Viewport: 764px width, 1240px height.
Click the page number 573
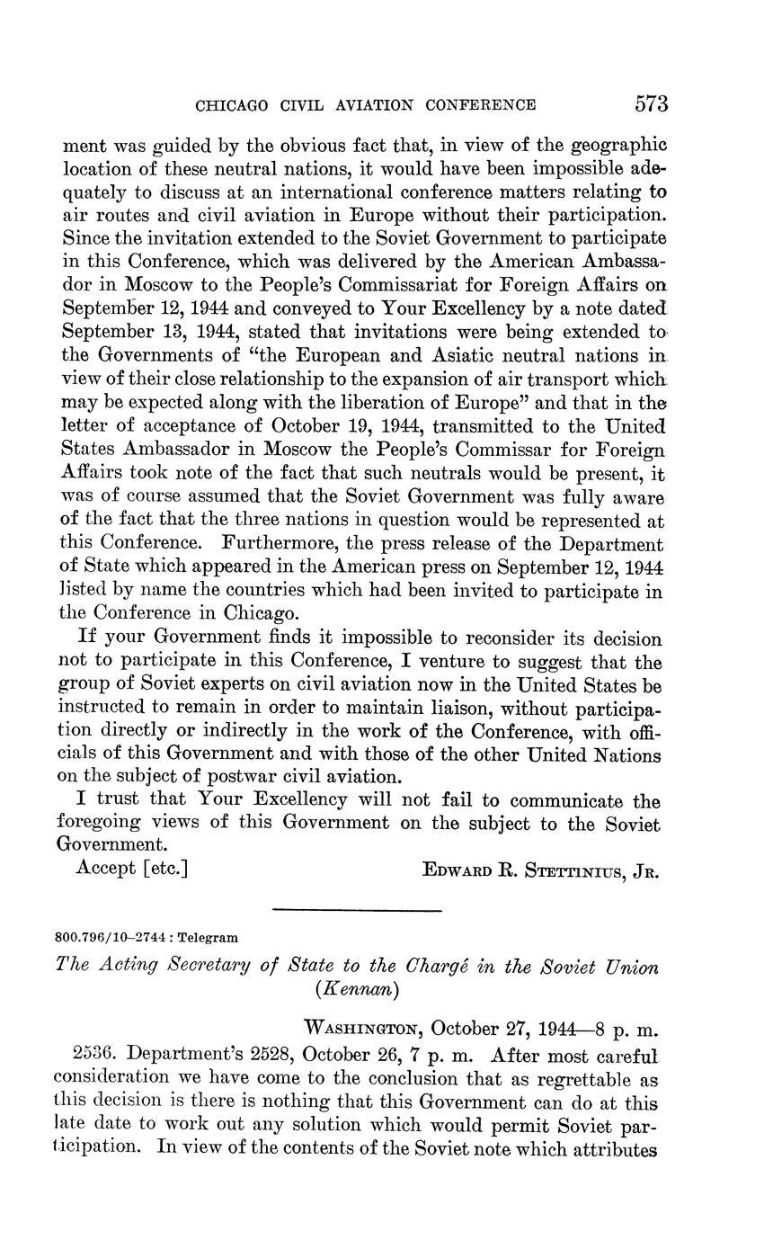click(x=651, y=104)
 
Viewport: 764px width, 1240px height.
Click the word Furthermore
click(x=286, y=545)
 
